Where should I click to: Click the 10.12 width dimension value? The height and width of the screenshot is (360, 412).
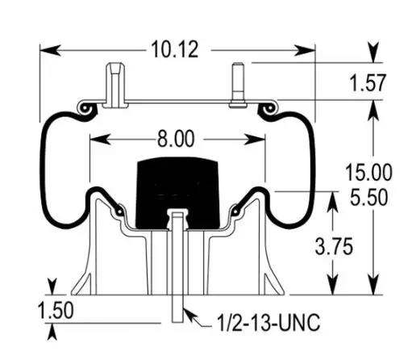tap(175, 49)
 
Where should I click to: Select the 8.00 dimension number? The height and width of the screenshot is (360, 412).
tap(176, 139)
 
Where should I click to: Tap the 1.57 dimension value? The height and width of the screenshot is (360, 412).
tap(368, 82)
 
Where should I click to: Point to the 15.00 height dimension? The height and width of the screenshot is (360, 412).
tap(368, 172)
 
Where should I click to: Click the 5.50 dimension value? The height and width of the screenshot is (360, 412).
tap(369, 197)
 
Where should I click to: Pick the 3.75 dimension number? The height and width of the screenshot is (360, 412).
tap(334, 246)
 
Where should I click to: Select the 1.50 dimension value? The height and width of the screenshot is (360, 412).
tap(56, 310)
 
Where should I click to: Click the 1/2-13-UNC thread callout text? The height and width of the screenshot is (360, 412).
tap(268, 322)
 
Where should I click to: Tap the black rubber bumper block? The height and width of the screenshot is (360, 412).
tap(177, 192)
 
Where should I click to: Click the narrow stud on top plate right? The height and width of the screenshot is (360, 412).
tap(238, 85)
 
